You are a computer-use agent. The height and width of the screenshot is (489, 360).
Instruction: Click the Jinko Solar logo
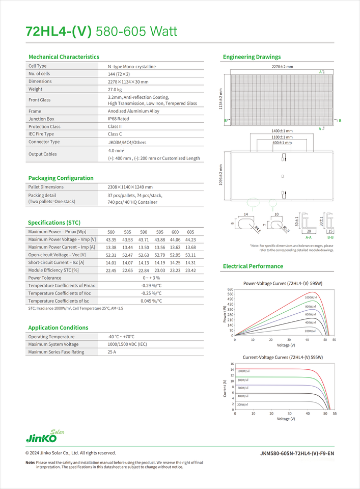(44, 436)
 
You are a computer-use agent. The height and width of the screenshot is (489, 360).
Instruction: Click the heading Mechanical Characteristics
(64, 57)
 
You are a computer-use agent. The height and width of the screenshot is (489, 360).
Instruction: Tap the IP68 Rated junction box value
(118, 119)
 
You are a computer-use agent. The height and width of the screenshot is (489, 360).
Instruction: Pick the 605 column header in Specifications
(190, 232)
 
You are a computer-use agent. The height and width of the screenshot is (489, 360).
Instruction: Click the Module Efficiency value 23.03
(160, 270)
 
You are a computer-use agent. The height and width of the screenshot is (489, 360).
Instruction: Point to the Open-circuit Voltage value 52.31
(111, 255)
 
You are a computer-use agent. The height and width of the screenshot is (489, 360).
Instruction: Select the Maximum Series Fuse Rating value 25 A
(112, 352)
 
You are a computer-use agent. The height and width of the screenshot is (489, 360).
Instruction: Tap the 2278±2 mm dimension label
(282, 67)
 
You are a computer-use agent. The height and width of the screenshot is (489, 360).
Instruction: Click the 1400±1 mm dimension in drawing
(282, 131)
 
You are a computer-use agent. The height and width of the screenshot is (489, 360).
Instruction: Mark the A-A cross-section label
(309, 237)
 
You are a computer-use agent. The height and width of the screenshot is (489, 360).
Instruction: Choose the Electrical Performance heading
(253, 266)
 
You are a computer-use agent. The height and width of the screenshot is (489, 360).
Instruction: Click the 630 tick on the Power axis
(230, 289)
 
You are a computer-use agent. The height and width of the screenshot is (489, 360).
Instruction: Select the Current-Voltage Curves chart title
(283, 358)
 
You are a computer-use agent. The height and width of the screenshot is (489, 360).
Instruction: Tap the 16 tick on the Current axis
(232, 364)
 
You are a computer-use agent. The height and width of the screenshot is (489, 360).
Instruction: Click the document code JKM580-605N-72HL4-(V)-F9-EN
(297, 453)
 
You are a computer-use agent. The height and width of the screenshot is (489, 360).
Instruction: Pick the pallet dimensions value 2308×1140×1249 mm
(130, 187)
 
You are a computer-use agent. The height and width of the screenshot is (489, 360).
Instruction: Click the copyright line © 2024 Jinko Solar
(71, 453)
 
